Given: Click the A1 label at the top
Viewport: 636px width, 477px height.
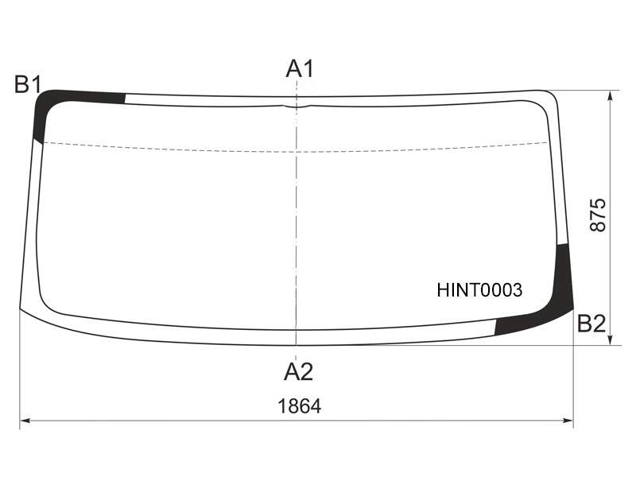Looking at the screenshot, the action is click(x=300, y=68).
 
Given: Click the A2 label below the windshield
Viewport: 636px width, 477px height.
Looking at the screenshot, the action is click(x=299, y=371).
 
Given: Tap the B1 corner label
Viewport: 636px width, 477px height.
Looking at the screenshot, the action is click(x=28, y=85).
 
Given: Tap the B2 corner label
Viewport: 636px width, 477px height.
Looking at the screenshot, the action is click(x=591, y=324).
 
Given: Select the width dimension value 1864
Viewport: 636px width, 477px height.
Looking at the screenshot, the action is click(x=300, y=406).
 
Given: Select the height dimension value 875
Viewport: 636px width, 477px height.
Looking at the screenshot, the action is click(x=598, y=215).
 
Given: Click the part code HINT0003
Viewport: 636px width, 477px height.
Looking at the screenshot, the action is click(x=479, y=290).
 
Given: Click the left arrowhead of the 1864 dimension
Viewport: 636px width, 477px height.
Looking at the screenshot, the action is click(x=25, y=421).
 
